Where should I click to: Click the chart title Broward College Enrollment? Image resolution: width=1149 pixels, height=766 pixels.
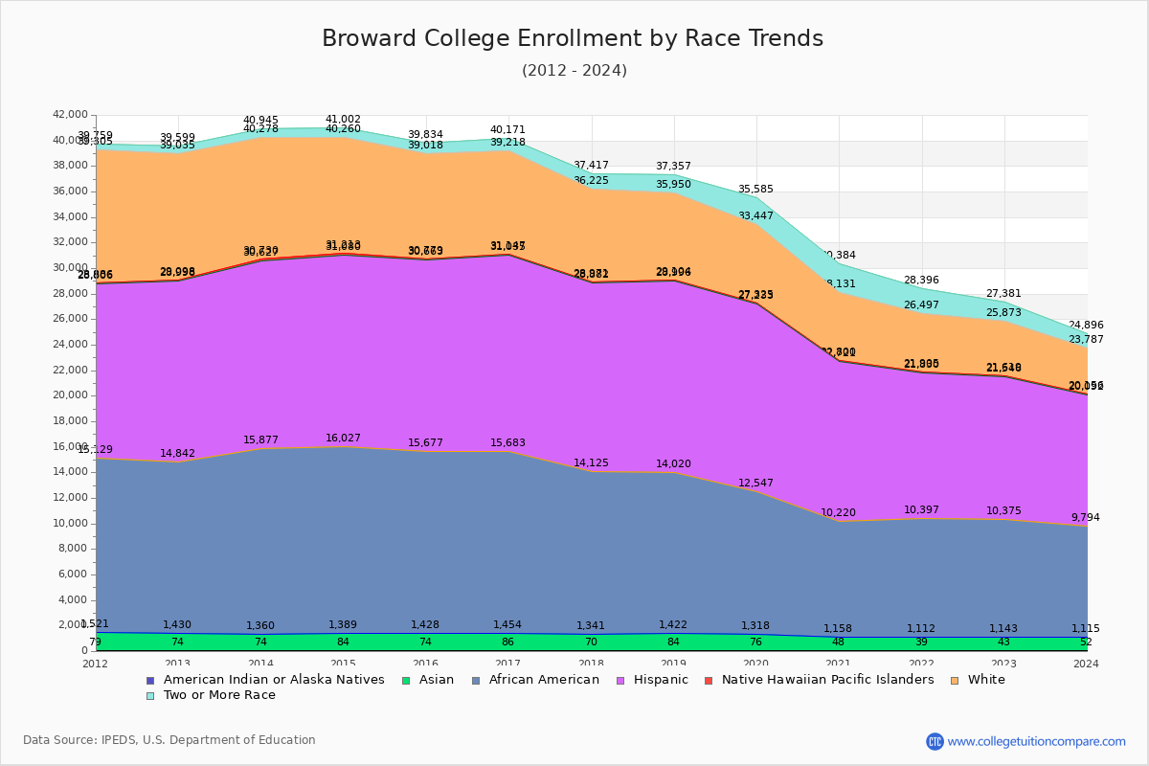pyautogui.click(x=573, y=39)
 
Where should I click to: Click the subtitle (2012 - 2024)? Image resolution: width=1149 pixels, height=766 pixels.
pyautogui.click(x=574, y=71)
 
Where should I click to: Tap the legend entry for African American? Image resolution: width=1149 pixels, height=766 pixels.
pyautogui.click(x=543, y=680)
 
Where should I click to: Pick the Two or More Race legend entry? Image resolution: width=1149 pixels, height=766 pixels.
pyautogui.click(x=218, y=695)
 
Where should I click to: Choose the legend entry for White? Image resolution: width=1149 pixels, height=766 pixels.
pyautogui.click(x=986, y=680)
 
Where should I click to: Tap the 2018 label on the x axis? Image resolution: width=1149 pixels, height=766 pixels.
pyautogui.click(x=592, y=664)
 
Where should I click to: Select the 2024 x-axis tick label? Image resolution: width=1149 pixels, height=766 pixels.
pyautogui.click(x=1087, y=664)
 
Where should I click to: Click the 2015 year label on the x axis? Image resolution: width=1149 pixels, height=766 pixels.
pyautogui.click(x=344, y=664)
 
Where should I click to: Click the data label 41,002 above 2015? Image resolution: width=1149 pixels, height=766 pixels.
pyautogui.click(x=344, y=120)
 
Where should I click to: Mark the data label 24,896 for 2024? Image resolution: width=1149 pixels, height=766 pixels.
pyautogui.click(x=1086, y=326)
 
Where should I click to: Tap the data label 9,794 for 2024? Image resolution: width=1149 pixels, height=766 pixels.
pyautogui.click(x=1086, y=518)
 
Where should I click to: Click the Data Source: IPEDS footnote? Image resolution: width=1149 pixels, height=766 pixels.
pyautogui.click(x=169, y=740)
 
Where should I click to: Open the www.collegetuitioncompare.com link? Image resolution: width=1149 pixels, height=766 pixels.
pyautogui.click(x=1036, y=741)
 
